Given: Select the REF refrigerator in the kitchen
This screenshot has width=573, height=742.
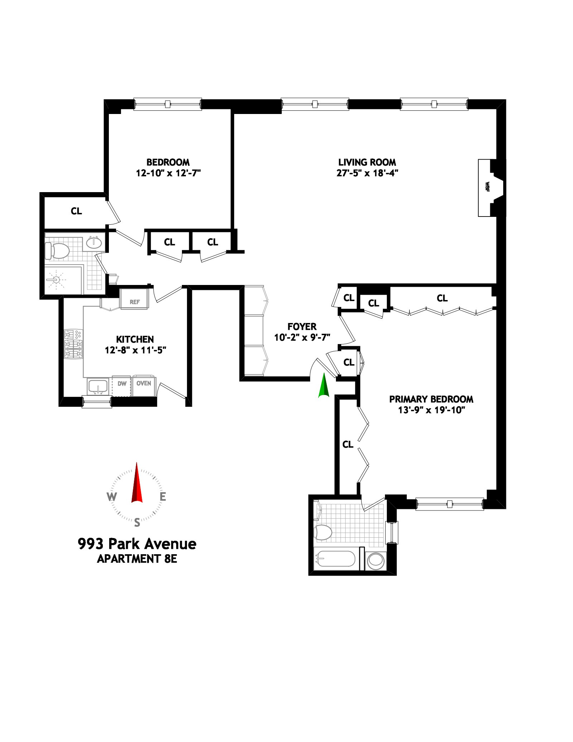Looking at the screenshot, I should click(134, 299).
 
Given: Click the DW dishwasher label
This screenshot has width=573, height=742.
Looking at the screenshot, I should click(122, 384).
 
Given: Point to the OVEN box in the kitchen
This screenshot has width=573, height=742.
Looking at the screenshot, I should click(144, 384).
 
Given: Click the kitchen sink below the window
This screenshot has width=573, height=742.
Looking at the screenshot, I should click(98, 387).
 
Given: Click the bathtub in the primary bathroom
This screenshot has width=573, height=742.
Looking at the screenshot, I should click(335, 559).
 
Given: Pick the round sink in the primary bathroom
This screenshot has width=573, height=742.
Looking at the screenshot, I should click(375, 561).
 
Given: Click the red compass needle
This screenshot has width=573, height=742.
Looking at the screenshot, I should click(137, 484).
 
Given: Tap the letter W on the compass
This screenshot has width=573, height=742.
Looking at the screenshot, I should click(112, 497).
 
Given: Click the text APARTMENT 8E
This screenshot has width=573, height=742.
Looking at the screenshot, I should click(137, 559).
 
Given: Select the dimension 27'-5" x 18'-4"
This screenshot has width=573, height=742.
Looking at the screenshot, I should click(367, 173).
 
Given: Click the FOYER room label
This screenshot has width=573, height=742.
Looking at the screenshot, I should click(302, 327).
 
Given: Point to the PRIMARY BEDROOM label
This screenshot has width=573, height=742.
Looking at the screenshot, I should click(431, 399).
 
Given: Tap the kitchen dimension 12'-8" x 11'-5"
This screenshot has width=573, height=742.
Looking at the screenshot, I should click(135, 350).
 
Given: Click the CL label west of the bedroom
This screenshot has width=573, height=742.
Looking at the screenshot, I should click(76, 211).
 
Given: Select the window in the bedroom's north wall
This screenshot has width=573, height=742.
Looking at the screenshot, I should click(168, 104).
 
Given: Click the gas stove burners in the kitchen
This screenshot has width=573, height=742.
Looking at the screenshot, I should click(73, 344).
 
